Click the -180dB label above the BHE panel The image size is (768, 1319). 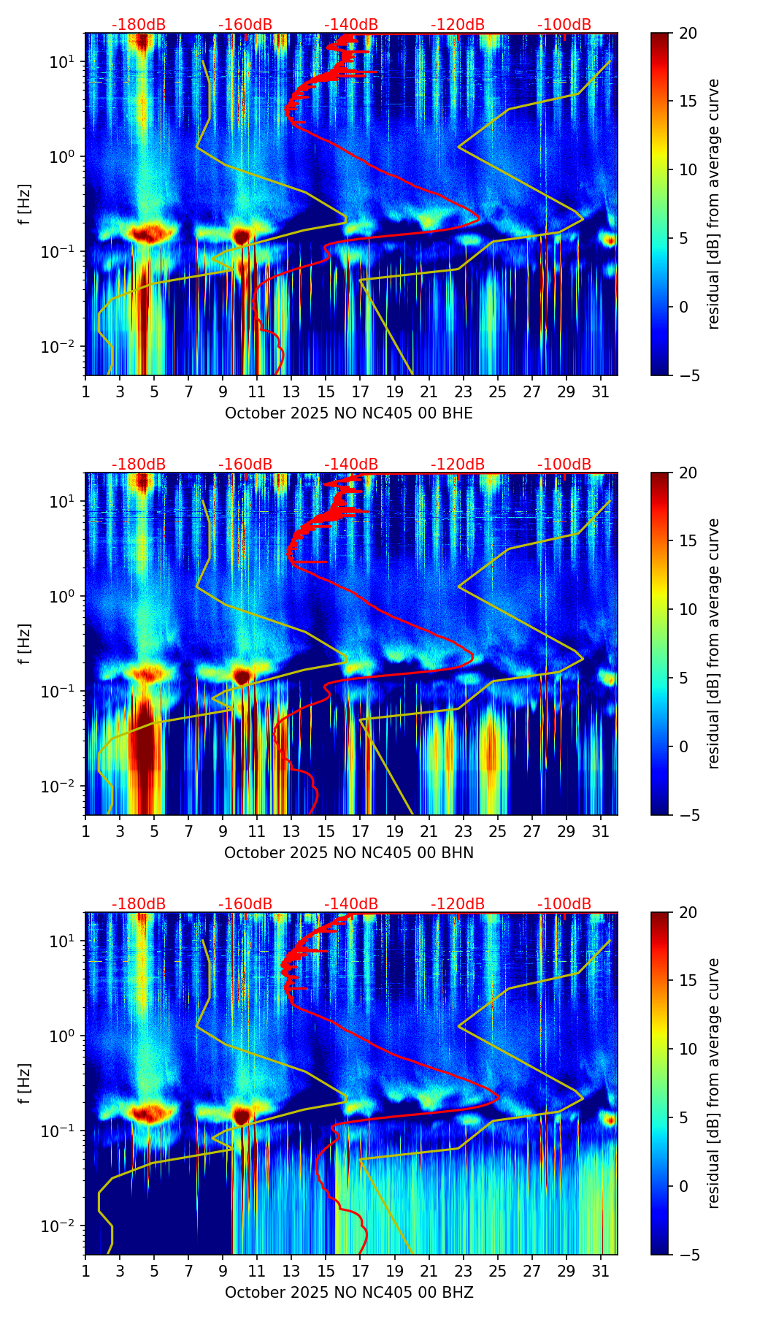(x=139, y=25)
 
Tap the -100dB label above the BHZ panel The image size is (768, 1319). (x=564, y=904)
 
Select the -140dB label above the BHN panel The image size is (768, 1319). (x=351, y=464)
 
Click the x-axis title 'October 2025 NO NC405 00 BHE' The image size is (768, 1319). (x=349, y=413)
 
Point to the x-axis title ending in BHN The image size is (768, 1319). (x=349, y=853)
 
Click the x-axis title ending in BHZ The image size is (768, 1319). (x=349, y=1293)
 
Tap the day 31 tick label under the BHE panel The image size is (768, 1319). (x=601, y=392)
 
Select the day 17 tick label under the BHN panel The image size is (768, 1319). (x=361, y=832)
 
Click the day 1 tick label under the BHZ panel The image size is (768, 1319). (x=86, y=1272)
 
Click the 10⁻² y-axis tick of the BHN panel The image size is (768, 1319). (x=57, y=786)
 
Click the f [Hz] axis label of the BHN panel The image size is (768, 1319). (x=25, y=643)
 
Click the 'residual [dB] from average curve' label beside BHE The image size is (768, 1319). (x=713, y=204)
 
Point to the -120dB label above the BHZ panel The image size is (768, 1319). (x=458, y=904)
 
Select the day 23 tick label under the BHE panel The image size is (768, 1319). (x=464, y=392)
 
